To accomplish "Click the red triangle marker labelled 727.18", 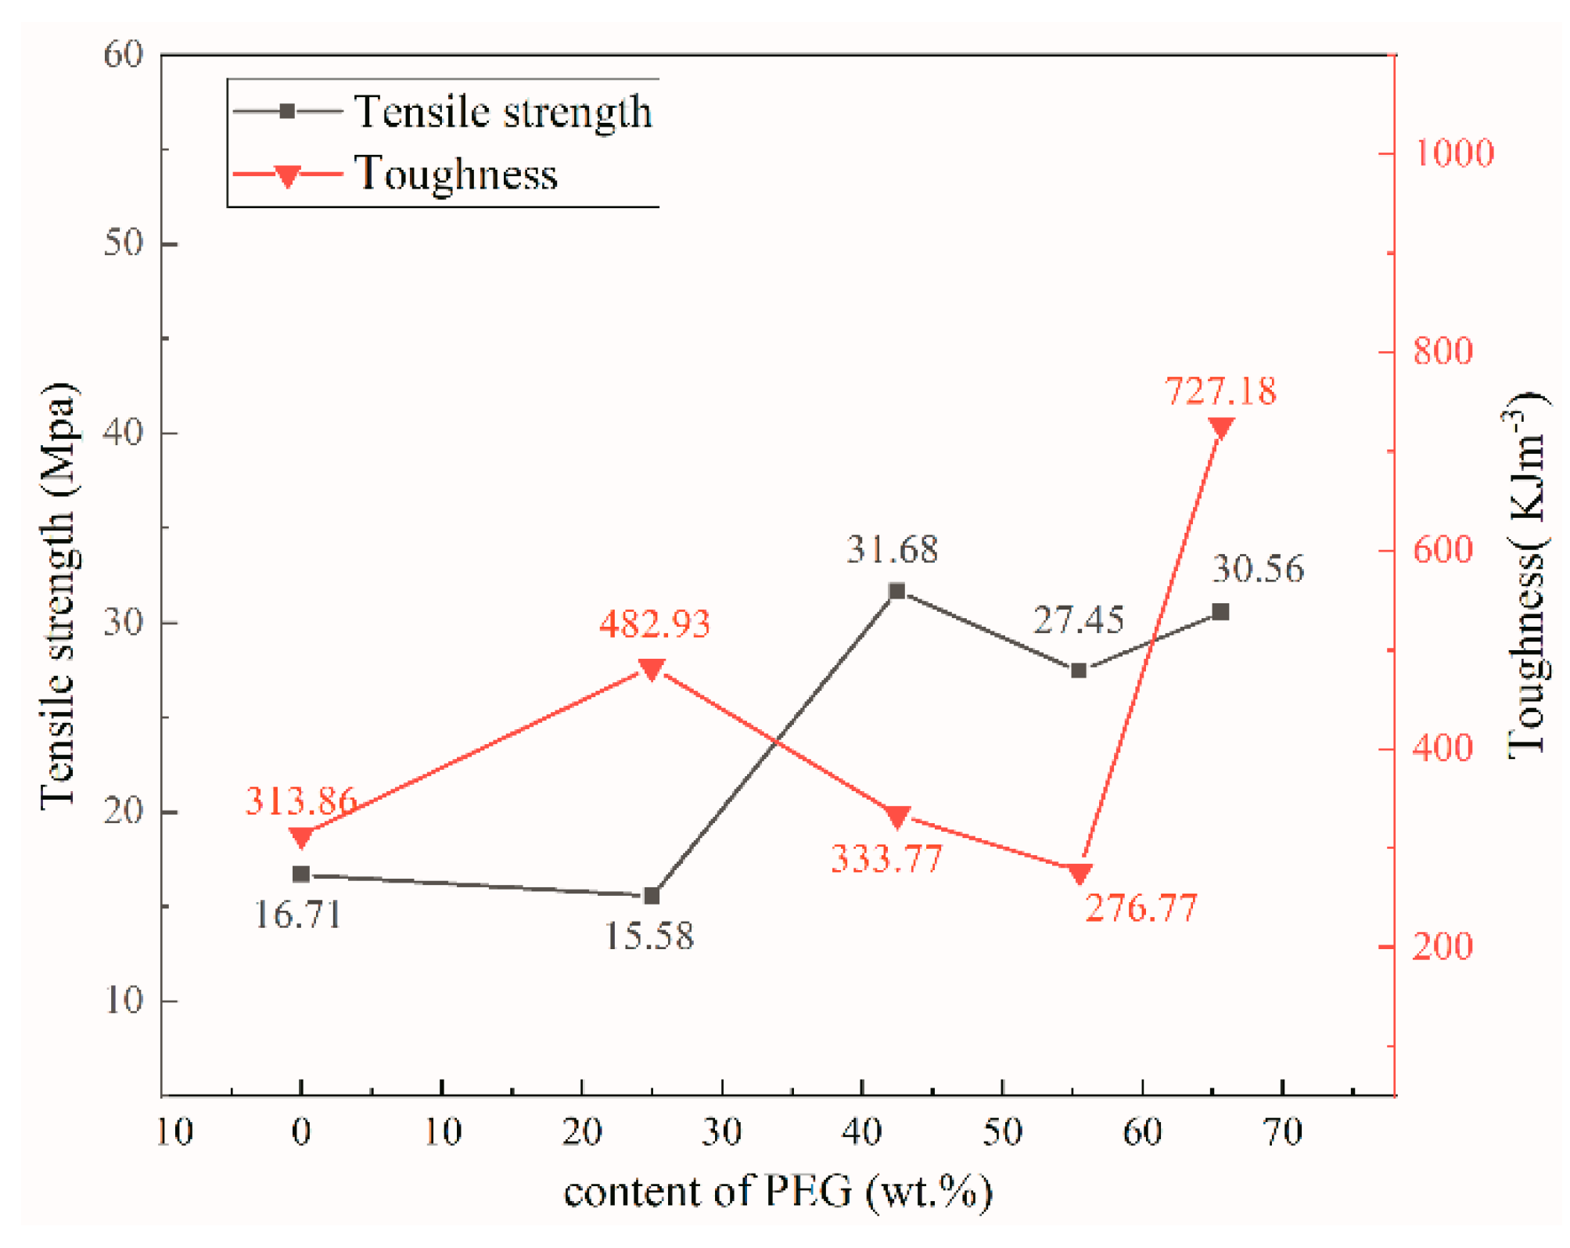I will click(1220, 427).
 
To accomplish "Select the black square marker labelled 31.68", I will click(897, 591).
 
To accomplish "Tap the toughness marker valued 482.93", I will click(652, 668).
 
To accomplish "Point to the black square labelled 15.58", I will click(652, 895).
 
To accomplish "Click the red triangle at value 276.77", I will click(1080, 873).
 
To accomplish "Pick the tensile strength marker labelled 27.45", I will click(1079, 671).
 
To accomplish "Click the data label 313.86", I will click(300, 800).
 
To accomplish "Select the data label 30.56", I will click(1258, 569).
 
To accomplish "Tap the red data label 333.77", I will click(886, 859).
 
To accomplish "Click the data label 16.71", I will click(298, 914).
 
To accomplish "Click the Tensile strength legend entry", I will click(503, 111).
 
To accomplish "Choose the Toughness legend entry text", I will click(456, 174).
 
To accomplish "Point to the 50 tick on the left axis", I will click(124, 243).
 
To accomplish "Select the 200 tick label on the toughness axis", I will click(1443, 947).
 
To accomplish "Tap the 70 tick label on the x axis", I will click(1283, 1132).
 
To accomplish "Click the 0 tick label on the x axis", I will click(301, 1132).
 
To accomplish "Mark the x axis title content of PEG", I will click(778, 1192).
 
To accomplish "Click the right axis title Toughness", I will click(1526, 575).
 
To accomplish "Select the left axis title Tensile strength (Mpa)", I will click(59, 595).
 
